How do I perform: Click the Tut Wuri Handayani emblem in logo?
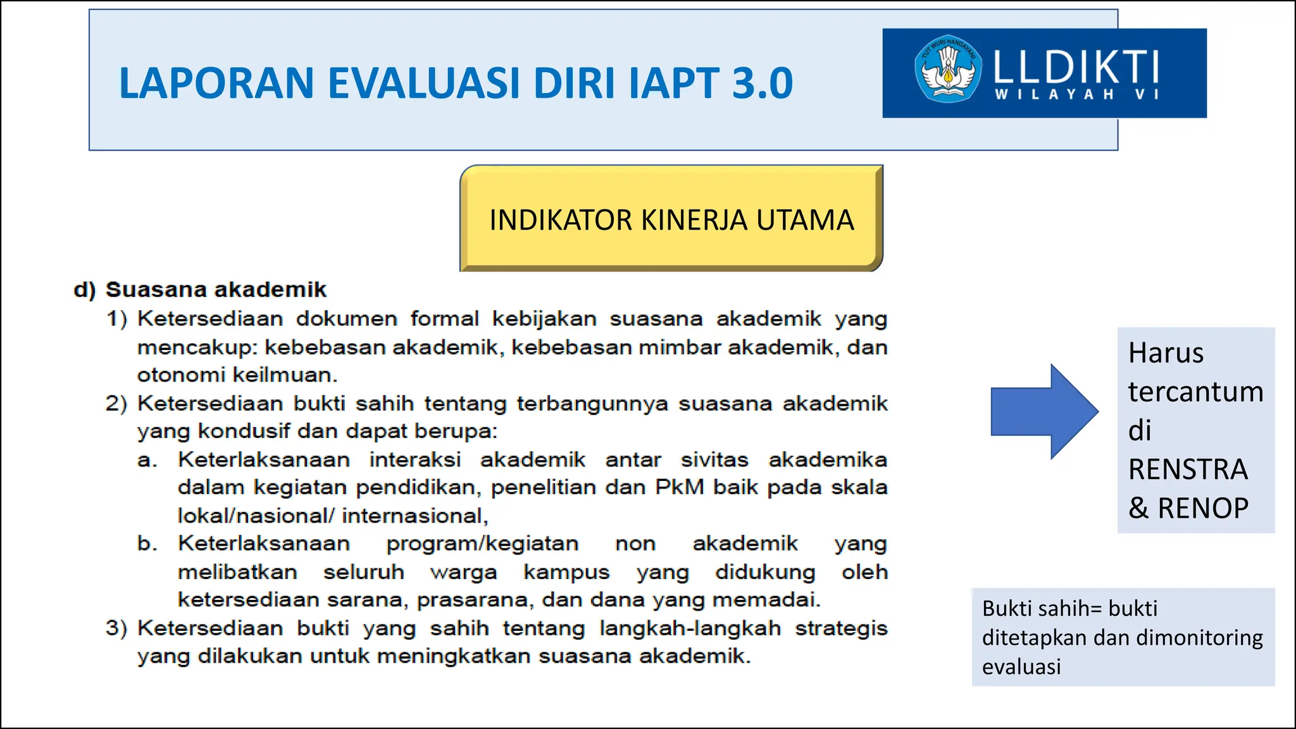[947, 68]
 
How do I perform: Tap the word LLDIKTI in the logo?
[1076, 67]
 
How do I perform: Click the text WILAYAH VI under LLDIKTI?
[1076, 94]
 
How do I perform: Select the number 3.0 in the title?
[762, 83]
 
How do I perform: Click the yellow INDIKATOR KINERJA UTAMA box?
[671, 219]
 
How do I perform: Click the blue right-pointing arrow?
[1044, 411]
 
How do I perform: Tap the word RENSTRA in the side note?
[1188, 469]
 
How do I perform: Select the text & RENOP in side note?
[1188, 508]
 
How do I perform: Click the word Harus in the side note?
[1166, 352]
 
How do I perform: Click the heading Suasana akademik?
[216, 290]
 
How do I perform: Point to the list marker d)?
[85, 290]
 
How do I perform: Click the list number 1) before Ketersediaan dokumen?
[116, 318]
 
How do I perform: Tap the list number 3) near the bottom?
[116, 628]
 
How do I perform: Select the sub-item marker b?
[147, 544]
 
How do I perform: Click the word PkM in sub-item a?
[679, 487]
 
